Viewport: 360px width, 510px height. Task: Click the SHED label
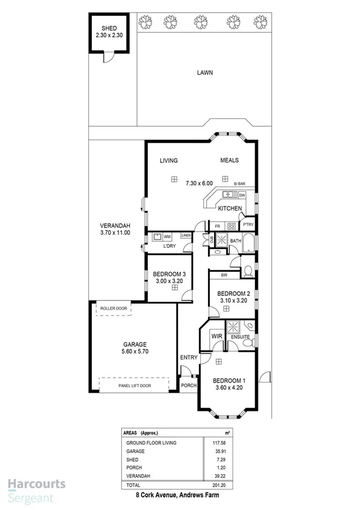pyautogui.click(x=109, y=28)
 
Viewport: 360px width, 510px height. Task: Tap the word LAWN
pyautogui.click(x=205, y=73)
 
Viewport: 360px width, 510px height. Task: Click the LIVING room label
pyautogui.click(x=168, y=161)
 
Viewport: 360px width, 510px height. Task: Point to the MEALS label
pyautogui.click(x=229, y=161)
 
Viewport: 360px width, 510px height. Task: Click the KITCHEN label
pyautogui.click(x=230, y=209)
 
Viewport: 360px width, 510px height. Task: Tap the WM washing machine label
pyautogui.click(x=167, y=237)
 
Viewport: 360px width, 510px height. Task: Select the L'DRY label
pyautogui.click(x=169, y=247)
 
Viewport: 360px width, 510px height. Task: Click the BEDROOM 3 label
pyautogui.click(x=161, y=274)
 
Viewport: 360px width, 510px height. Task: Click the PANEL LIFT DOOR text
pyautogui.click(x=134, y=386)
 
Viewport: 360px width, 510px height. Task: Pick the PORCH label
pyautogui.click(x=189, y=386)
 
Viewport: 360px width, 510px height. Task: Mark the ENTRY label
pyautogui.click(x=189, y=358)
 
